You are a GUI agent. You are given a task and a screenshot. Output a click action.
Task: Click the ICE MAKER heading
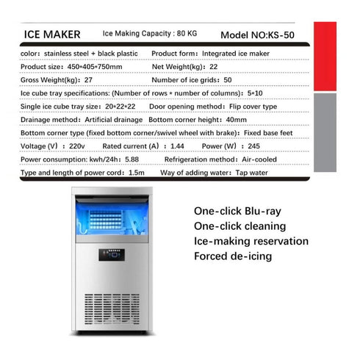click(x=57, y=34)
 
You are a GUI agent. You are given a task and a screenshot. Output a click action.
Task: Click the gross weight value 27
click(x=89, y=79)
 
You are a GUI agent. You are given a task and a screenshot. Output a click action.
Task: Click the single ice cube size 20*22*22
click(x=120, y=106)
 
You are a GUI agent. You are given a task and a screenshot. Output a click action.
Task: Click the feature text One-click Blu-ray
click(x=237, y=211)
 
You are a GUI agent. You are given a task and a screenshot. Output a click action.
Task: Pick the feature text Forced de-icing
click(x=233, y=256)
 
